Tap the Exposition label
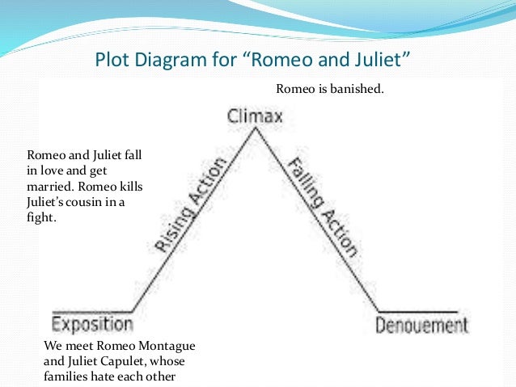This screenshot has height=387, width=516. coord(92,325)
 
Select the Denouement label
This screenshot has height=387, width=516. coord(421,326)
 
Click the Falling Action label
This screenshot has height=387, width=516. coord(323,206)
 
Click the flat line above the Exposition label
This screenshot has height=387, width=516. coord(92,310)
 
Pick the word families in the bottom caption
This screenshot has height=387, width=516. coord(68,376)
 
